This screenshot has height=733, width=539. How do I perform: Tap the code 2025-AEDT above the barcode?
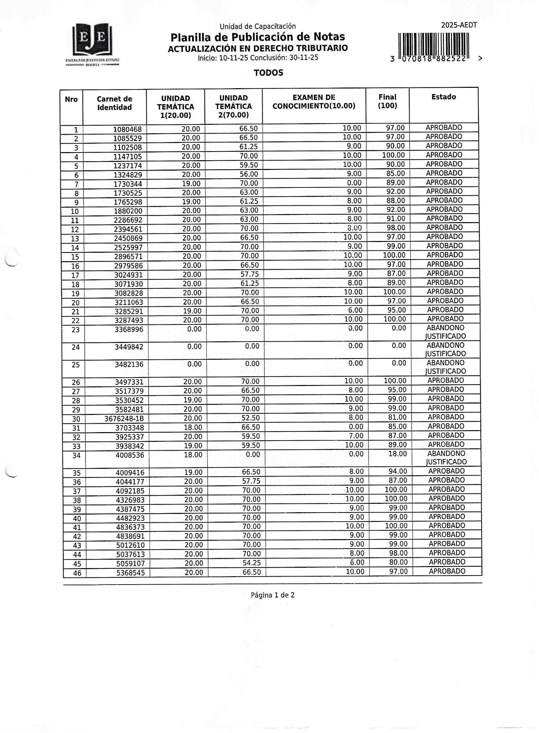tap(459, 25)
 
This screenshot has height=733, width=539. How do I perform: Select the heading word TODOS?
tap(268, 73)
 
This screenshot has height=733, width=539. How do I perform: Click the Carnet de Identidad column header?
tap(114, 103)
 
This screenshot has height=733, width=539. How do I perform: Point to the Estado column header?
tap(444, 97)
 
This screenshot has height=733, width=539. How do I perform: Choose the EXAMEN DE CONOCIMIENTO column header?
tap(314, 102)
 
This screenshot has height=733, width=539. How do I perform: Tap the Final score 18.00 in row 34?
tap(398, 454)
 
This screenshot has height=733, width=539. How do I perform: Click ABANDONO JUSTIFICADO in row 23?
tap(445, 332)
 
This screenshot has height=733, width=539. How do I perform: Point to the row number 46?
tap(77, 573)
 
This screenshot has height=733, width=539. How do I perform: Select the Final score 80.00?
tap(399, 562)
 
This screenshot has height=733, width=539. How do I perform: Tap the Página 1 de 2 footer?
tap(273, 595)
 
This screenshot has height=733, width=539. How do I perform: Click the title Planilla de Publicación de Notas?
tap(258, 37)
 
